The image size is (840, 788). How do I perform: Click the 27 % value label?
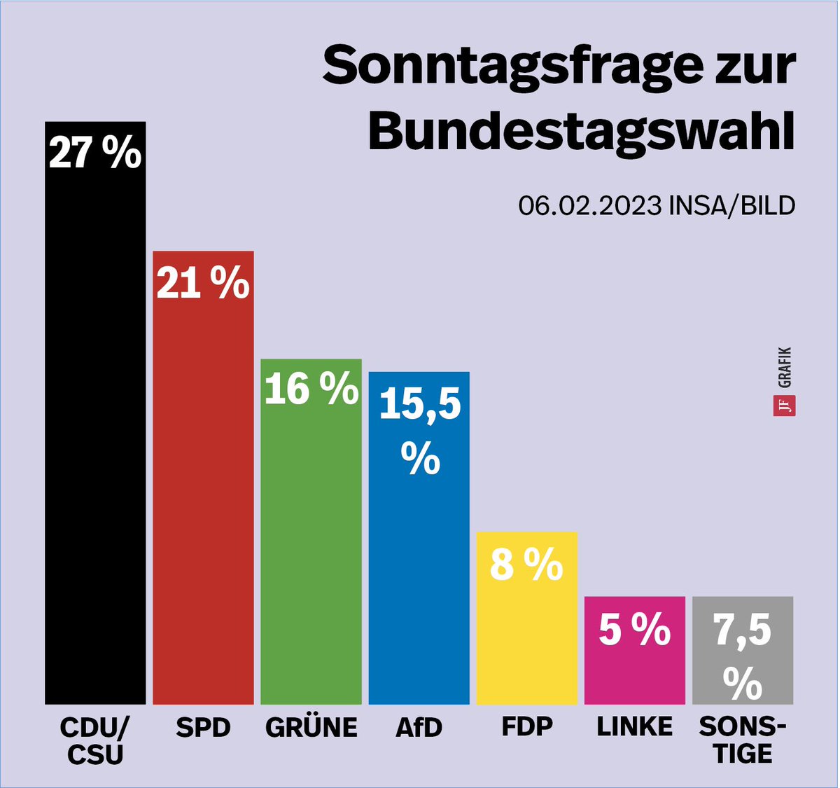95,153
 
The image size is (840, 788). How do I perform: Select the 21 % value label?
203,283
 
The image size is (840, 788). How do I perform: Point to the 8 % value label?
526,565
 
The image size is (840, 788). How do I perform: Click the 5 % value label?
634,629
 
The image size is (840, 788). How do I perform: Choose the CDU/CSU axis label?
95,740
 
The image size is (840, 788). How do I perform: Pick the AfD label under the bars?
419,728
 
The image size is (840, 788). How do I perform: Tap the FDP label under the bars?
526,726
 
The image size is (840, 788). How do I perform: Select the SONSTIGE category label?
742,740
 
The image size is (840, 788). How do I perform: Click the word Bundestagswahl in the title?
581,130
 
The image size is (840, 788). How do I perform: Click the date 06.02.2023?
589,206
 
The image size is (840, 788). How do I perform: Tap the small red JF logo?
784,406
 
